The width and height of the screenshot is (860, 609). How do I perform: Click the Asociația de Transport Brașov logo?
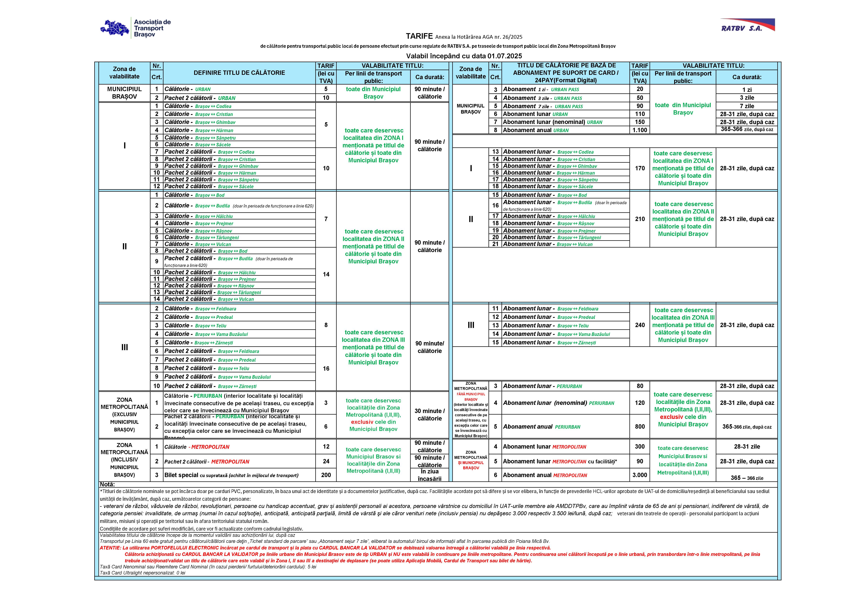[x=136, y=28]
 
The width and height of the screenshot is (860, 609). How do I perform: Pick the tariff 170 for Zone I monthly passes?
[x=640, y=168]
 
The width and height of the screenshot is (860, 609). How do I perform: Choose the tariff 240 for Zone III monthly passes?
[x=640, y=325]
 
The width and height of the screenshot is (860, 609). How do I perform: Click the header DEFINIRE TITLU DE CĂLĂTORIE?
[x=239, y=73]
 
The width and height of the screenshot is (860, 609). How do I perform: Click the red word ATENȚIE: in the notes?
[x=110, y=548]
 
